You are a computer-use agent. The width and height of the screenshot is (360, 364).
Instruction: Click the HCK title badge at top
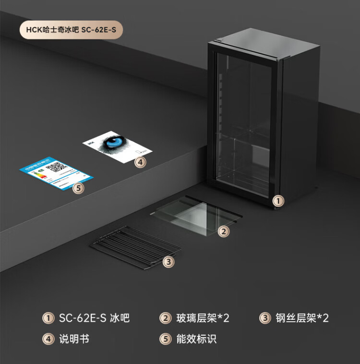click(71, 30)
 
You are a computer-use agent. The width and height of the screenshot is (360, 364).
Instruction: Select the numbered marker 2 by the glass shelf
click(224, 231)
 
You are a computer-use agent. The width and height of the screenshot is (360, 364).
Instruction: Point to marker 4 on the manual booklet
click(140, 162)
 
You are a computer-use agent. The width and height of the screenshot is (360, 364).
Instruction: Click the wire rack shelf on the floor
click(136, 247)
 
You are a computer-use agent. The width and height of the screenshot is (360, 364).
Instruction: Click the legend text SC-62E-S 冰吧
click(94, 318)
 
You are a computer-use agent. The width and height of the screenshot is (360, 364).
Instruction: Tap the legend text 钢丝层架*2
click(302, 318)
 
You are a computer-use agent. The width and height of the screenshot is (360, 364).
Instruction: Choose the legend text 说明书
click(74, 339)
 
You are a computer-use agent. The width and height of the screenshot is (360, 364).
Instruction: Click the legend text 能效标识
click(196, 339)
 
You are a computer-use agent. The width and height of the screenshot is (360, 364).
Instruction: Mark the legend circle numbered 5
click(165, 339)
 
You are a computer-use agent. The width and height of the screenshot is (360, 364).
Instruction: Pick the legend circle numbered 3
click(265, 318)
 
